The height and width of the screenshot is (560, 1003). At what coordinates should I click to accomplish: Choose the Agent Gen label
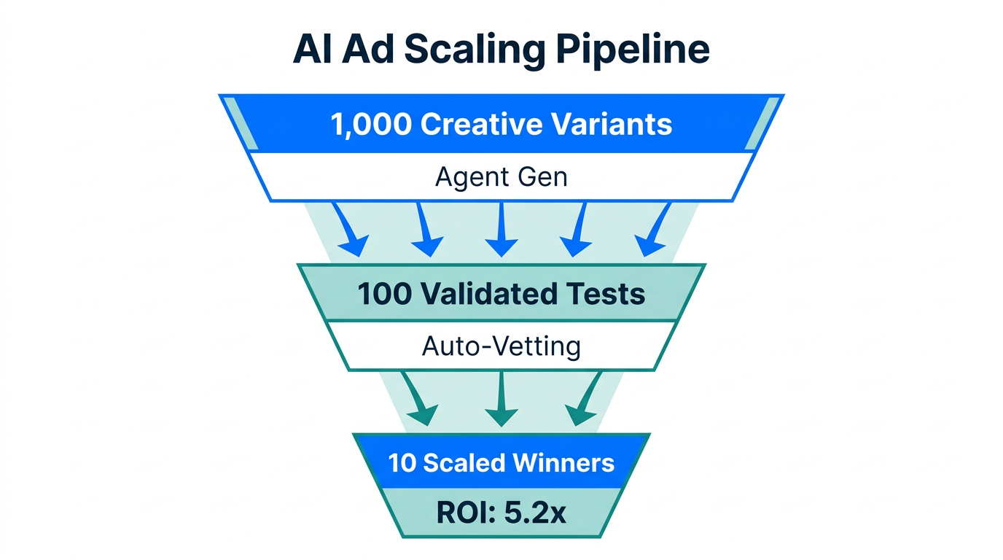pyautogui.click(x=501, y=177)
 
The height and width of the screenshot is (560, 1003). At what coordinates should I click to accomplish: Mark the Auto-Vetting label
pyautogui.click(x=501, y=346)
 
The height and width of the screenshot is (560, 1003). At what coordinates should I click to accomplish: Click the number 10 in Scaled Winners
pyautogui.click(x=402, y=463)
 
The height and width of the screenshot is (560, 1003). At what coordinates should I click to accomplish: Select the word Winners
pyautogui.click(x=565, y=463)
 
